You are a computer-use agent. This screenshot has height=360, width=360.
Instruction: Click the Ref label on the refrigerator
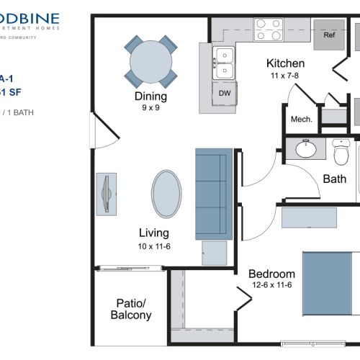coord(329,35)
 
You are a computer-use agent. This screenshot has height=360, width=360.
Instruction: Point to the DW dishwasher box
coord(224,93)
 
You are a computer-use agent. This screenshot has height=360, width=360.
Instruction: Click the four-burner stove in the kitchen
coord(267,30)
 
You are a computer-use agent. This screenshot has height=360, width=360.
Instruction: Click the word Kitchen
coord(285,63)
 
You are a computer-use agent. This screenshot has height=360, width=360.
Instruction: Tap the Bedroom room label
coord(271,274)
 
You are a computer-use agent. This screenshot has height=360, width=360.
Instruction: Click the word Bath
coord(334,179)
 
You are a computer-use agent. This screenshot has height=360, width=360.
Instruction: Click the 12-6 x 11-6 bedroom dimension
coord(271,286)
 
